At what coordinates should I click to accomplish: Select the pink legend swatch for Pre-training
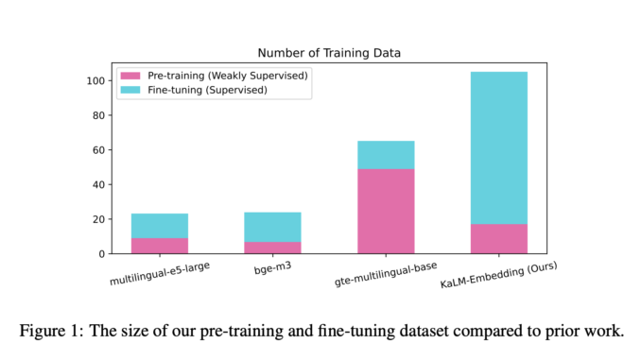click(x=129, y=74)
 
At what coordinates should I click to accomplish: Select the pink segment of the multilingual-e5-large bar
click(x=159, y=246)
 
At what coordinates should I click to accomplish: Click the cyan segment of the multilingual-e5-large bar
click(x=159, y=226)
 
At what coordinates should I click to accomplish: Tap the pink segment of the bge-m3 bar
click(x=272, y=248)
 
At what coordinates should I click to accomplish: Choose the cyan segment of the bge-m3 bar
click(x=272, y=227)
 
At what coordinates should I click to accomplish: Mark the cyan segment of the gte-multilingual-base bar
click(x=386, y=155)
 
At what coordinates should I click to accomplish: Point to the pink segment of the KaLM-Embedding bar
click(x=498, y=239)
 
